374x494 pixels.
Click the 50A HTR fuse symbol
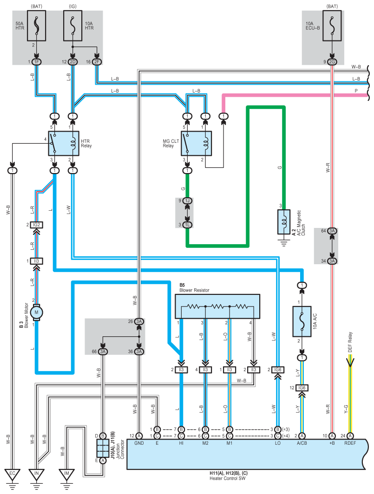[x=37, y=26]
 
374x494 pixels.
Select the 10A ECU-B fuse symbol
[x=332, y=26]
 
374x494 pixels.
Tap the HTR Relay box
[x=64, y=143]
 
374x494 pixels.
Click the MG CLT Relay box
[x=196, y=143]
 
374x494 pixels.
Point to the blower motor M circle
[x=37, y=313]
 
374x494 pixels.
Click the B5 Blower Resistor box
[x=217, y=306]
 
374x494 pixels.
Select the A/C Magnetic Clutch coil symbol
[x=284, y=222]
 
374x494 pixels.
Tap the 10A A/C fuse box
[x=302, y=321]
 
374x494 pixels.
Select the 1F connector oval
[x=37, y=62]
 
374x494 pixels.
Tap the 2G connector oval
[x=332, y=62]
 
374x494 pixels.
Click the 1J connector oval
[x=188, y=200]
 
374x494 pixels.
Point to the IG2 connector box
[x=37, y=225]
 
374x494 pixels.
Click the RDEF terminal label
[x=350, y=443]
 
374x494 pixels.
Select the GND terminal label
[x=139, y=443]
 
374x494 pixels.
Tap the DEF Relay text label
[x=350, y=342]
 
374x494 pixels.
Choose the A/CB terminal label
[x=302, y=443]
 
